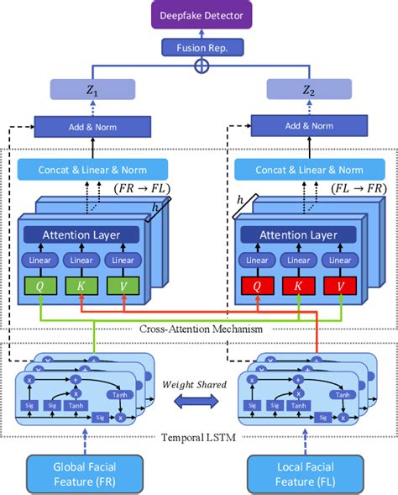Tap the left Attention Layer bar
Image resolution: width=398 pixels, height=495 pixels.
click(x=81, y=236)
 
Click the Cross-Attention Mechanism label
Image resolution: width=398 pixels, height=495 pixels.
click(x=199, y=329)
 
